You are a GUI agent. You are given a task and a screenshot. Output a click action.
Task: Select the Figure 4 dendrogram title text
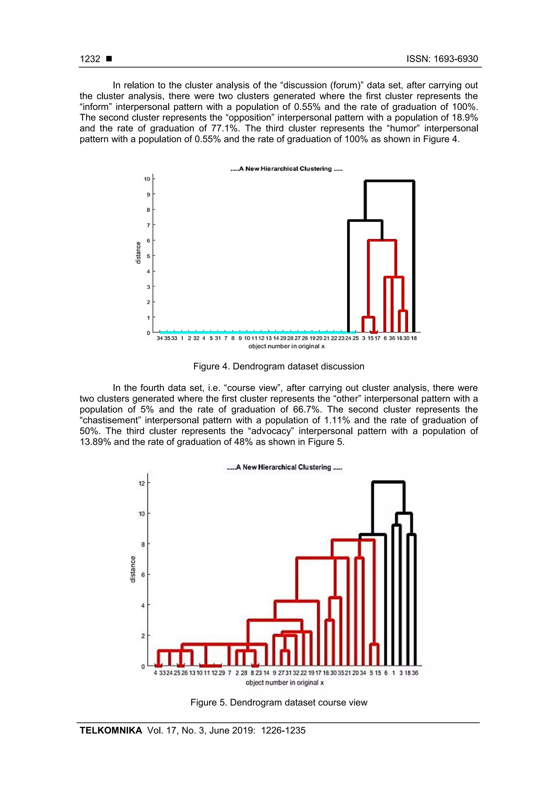pos(286,169)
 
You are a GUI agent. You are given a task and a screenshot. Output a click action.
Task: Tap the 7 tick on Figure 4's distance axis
pos(148,225)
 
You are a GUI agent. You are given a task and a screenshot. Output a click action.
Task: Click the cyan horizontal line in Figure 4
pos(254,332)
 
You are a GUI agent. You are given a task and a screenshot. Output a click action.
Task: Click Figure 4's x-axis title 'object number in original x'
pos(286,346)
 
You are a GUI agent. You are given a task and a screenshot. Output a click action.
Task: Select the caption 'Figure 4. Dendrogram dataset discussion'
pos(278,366)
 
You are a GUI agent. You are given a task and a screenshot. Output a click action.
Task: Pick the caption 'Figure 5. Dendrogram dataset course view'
pos(278,702)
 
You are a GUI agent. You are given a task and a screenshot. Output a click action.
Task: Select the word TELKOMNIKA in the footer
pos(111,731)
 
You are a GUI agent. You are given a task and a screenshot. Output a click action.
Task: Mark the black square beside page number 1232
pos(109,59)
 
